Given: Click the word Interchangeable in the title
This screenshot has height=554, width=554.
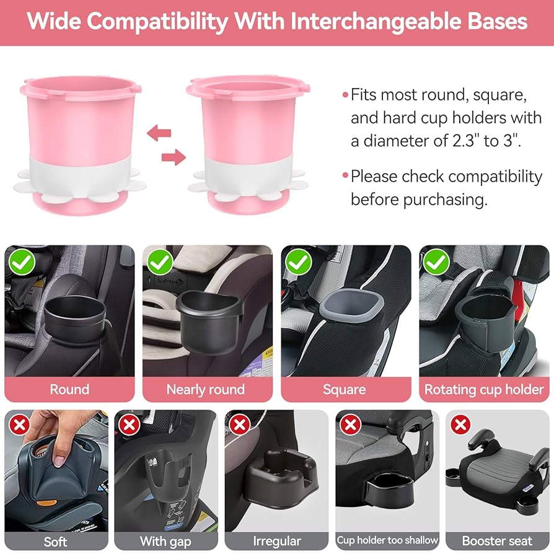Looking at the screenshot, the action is tap(376, 22).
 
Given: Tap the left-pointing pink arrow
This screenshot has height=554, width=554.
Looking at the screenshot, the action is tap(159, 133).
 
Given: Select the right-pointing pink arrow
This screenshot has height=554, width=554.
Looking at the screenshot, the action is tap(174, 157).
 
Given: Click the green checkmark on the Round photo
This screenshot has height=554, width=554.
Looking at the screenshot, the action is tap(22, 262).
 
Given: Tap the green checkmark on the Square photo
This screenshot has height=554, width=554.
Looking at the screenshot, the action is tap(299, 262).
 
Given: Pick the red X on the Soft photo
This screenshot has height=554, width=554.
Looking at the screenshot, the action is tap(20, 424).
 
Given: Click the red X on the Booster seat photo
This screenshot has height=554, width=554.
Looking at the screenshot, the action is tap(460, 424).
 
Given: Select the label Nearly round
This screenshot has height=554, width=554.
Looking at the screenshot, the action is tap(206, 389).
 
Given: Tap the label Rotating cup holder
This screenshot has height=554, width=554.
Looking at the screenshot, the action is tap(484, 389).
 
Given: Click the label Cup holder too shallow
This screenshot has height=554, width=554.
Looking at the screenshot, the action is tap(387, 540).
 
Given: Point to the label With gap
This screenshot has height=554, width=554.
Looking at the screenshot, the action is tap(165, 541).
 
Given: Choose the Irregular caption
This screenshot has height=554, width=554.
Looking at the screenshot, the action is tap(277, 541).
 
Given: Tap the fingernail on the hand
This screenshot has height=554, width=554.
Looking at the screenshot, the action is tap(58, 460).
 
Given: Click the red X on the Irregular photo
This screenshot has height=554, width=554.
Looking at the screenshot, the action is tap(240, 424).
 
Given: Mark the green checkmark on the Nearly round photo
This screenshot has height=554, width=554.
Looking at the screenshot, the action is tap(160, 262).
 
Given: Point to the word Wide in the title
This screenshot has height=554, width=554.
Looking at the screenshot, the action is tap(54, 21).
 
